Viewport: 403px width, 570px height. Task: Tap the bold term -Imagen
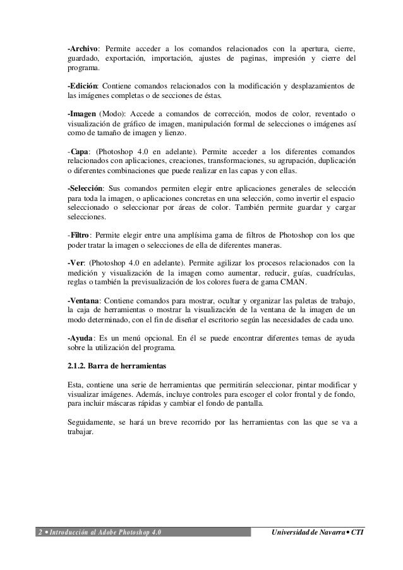point(81,114)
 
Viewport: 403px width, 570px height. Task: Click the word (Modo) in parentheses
point(113,114)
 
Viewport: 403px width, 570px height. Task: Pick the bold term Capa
point(80,151)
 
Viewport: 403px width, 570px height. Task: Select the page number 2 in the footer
point(39,531)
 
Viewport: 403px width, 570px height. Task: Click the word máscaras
point(123,404)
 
